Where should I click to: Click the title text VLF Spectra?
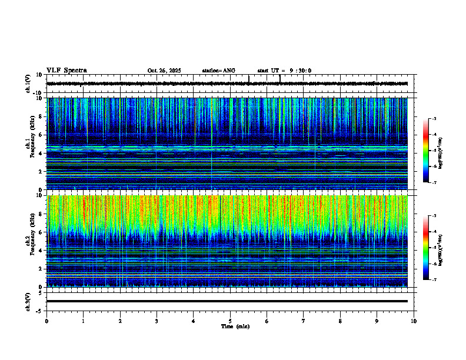pos(66,71)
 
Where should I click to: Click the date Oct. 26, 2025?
pos(164,71)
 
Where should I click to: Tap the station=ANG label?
pos(218,71)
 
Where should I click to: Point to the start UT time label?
pos(284,71)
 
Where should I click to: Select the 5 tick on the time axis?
pos(230,321)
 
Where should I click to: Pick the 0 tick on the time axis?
pos(46,321)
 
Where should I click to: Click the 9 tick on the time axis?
pos(377,321)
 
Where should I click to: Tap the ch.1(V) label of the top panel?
pos(28,84)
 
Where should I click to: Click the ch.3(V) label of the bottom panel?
pos(28,301)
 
